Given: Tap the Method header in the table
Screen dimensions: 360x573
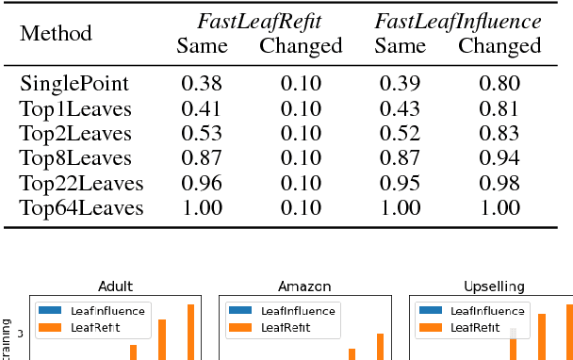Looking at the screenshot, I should pos(57,34).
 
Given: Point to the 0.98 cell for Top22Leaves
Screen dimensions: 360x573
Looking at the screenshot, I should pos(499,184).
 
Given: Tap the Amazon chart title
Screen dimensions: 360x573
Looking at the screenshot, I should pos(302,286).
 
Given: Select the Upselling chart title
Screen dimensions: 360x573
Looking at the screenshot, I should pos(490,286).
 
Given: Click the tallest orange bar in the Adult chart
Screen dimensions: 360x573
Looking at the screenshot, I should pos(190,332).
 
